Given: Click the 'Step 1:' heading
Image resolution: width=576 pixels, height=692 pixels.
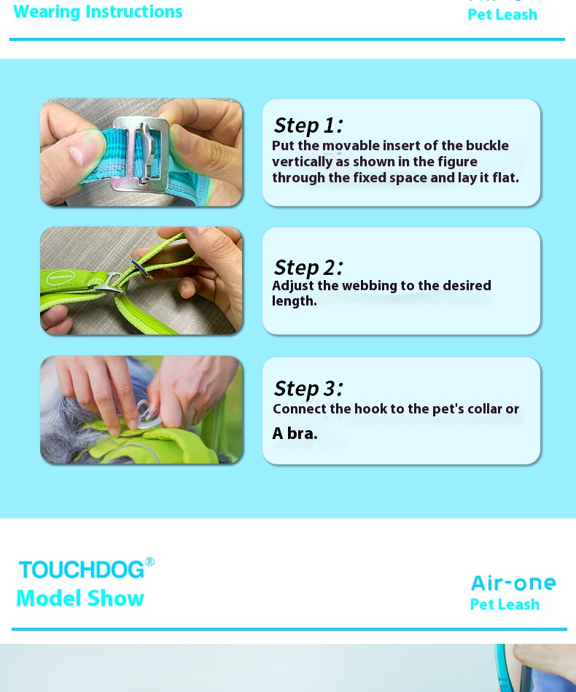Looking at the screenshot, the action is point(308,125).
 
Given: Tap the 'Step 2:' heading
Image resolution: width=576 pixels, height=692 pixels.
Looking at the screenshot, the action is point(308,268).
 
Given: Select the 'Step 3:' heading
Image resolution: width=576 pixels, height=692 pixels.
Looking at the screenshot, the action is point(308,389).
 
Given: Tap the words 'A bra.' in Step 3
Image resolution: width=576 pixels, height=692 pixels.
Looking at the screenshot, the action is point(295,433).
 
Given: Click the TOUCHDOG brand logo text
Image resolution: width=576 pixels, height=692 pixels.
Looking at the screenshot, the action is point(81,569).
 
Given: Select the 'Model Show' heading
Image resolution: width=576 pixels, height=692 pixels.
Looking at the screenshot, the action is point(80,599).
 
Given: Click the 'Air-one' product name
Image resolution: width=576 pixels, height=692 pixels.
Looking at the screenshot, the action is point(513,583).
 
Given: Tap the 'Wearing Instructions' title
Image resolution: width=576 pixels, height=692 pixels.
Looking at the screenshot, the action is point(98,12).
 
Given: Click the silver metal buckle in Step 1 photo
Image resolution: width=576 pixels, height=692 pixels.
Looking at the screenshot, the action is point(141,154).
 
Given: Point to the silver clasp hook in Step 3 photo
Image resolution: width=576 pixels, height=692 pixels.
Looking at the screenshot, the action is point(149,413).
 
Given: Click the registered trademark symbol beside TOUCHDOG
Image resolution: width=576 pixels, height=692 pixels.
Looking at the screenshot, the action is point(149,561).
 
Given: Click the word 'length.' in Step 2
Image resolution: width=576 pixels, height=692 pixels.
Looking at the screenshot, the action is point(295,301).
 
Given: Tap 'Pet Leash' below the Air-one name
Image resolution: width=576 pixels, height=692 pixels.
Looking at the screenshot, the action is point(505,604).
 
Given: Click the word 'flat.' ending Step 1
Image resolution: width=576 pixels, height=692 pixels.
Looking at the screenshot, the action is point(506,177).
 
